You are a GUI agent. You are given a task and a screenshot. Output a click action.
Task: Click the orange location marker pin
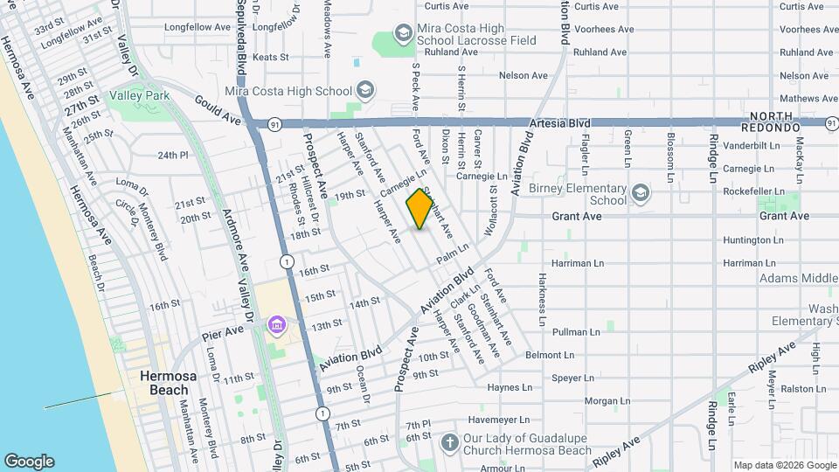pos(420,208)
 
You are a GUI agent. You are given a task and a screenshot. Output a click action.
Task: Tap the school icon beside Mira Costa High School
pos(365,91)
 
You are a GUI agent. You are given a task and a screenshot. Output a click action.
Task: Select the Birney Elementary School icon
pos(641,192)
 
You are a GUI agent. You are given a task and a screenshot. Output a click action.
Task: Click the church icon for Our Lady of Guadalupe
pos(450,443)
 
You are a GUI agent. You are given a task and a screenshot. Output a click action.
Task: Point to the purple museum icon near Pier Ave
pos(277,326)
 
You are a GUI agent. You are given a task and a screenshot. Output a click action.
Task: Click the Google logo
pos(29,461)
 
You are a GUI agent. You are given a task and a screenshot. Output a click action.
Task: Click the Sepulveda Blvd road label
pos(241,52)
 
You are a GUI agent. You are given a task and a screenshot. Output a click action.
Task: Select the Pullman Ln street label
pos(576,332)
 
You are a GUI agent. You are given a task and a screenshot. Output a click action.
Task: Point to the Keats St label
pos(270,57)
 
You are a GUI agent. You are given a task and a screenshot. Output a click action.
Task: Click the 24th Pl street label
pos(173,156)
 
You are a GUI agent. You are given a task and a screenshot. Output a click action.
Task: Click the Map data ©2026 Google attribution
pos(783,465)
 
